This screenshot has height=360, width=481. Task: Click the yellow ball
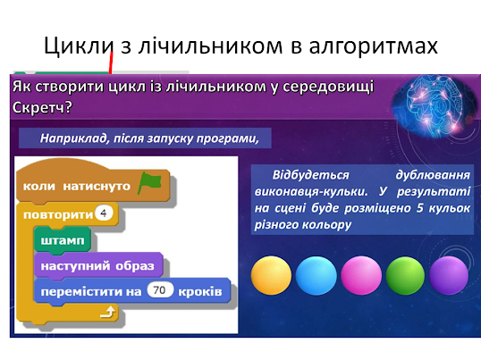click(271, 275)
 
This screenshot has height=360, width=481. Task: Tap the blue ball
click(316, 275)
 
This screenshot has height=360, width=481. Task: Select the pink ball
click(361, 275)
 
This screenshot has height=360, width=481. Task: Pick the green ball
click(405, 275)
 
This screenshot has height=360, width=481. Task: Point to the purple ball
click(449, 275)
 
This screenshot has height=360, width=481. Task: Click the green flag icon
click(149, 183)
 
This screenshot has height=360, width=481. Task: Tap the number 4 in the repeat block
click(104, 213)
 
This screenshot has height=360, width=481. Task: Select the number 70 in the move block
click(160, 289)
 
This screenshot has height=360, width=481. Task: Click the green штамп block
click(63, 240)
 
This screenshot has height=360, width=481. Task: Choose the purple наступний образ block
click(97, 266)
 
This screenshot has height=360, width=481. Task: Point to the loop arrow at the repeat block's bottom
click(108, 313)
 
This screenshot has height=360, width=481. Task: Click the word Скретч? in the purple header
click(42, 107)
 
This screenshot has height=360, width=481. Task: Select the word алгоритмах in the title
click(373, 46)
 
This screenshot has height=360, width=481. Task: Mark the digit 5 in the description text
click(420, 208)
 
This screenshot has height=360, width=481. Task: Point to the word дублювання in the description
click(433, 175)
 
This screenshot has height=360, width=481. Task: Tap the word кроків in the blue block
click(199, 291)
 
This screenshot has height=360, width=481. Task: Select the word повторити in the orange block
click(58, 214)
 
